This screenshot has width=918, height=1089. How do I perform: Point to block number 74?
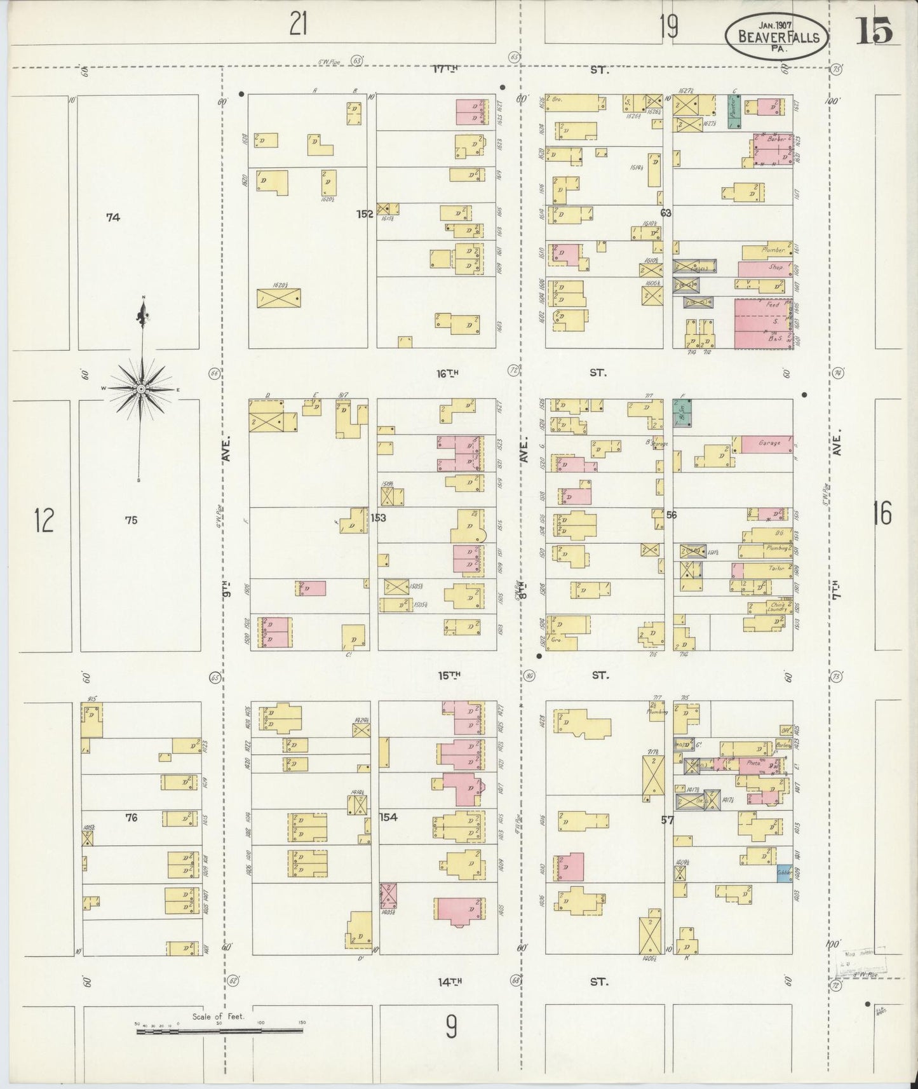(113, 217)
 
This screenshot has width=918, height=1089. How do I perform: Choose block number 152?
(365, 214)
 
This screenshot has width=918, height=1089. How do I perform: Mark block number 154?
(388, 817)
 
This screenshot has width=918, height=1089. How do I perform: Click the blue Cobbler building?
(784, 874)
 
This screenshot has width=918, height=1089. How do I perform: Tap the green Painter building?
(734, 112)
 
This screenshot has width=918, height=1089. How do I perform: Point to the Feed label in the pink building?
(772, 306)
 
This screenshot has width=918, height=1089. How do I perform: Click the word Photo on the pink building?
(753, 763)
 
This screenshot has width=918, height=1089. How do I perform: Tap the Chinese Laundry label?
(776, 607)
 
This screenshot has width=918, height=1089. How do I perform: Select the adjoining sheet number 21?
(299, 25)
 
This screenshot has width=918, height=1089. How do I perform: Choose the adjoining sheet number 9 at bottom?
(450, 1026)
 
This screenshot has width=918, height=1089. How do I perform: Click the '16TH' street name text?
(447, 374)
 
